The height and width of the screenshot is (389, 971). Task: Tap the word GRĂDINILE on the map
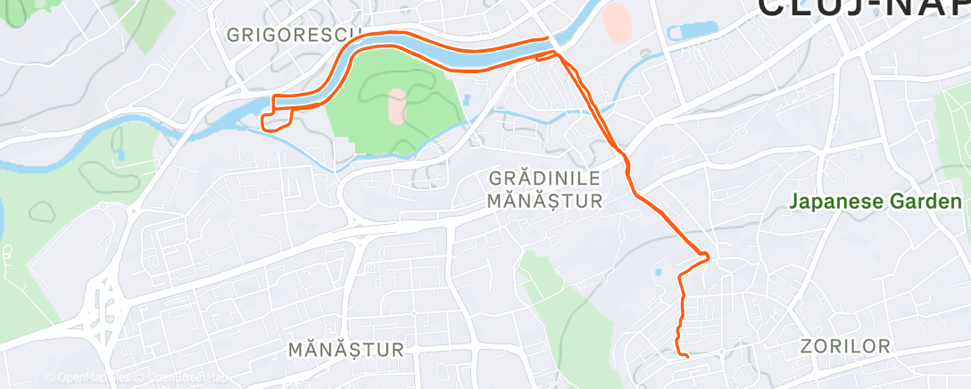coord(545,179)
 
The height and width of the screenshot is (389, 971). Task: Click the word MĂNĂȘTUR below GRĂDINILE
coord(545,202)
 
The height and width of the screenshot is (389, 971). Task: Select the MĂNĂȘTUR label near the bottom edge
coord(346,349)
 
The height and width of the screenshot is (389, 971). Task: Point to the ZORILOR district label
coord(845,346)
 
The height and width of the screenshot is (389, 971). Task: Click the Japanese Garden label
coord(876,203)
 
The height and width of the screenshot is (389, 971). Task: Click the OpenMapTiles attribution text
coord(87,377)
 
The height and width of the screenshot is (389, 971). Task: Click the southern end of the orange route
coord(687,357)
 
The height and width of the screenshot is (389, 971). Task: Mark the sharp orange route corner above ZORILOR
coord(708,258)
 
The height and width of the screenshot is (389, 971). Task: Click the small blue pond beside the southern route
coord(658,271)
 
